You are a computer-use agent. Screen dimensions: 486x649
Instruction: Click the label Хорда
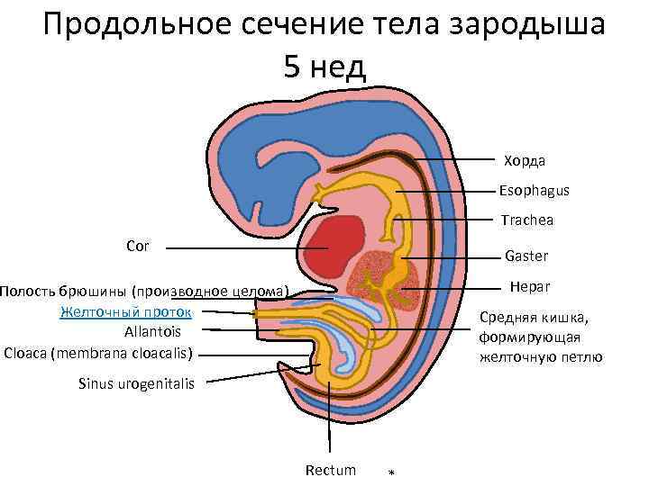[525, 161]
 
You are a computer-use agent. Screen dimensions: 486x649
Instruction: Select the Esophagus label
[535, 191]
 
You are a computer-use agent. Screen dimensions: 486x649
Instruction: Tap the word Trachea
[527, 220]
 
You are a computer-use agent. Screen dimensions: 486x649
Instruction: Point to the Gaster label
[526, 256]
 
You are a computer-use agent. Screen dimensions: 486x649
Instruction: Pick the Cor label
[138, 245]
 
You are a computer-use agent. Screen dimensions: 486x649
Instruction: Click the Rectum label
[331, 471]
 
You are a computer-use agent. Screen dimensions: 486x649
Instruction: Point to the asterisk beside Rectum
[389, 473]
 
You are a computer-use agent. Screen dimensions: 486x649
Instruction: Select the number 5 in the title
[292, 66]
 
